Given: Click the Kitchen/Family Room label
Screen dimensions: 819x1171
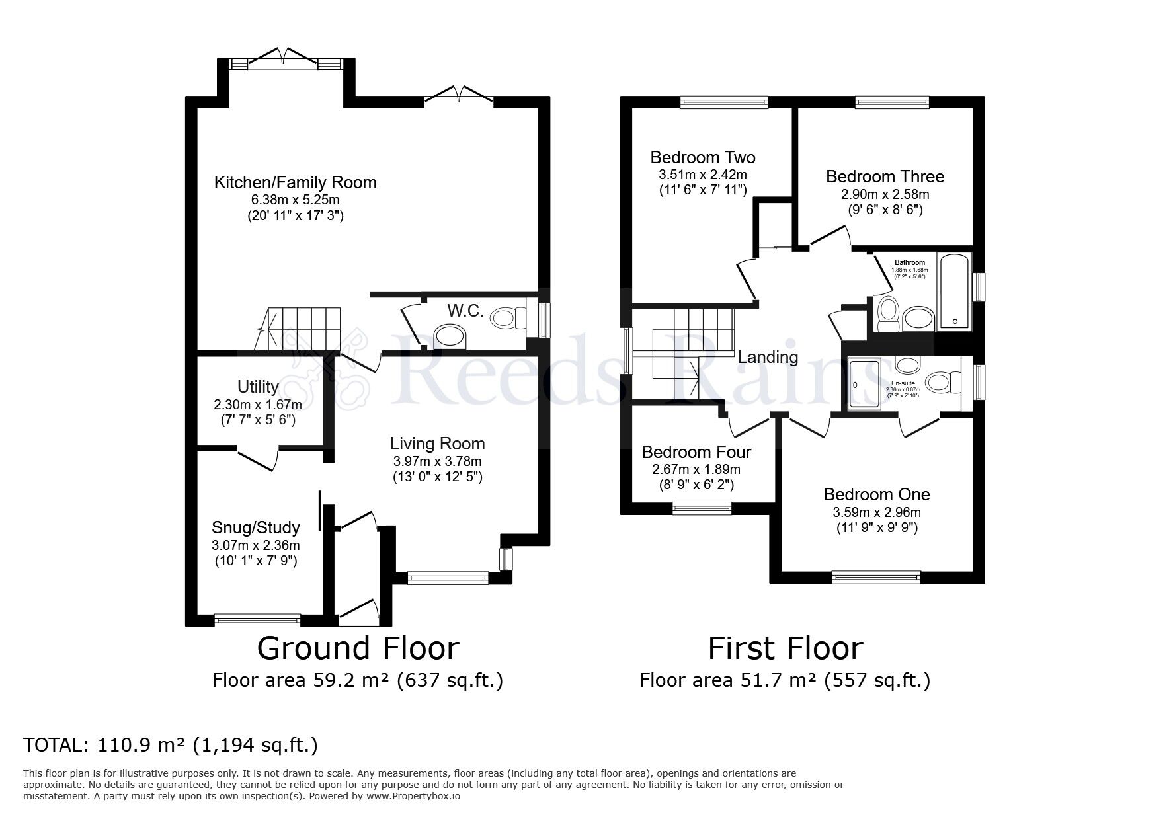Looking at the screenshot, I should (295, 182).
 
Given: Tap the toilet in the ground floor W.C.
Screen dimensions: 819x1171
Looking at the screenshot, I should (507, 319).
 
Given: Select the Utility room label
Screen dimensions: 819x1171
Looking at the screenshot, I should (258, 387).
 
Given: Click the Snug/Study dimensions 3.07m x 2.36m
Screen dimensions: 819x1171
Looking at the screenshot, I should (255, 545).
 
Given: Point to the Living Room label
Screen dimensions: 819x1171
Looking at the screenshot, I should (437, 444).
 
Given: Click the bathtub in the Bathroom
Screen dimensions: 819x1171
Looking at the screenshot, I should (954, 291).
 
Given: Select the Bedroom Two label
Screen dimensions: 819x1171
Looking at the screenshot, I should (702, 157).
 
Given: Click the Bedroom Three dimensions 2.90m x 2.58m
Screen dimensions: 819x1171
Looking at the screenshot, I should (885, 194).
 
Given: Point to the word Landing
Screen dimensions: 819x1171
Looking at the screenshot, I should (768, 357).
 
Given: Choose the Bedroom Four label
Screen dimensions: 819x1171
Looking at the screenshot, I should (696, 452).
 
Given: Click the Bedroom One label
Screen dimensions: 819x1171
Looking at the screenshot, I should (876, 494).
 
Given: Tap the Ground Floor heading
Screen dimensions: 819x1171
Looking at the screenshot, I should (358, 648).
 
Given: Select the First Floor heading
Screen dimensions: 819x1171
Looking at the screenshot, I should (785, 648).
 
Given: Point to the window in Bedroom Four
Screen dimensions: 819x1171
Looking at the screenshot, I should (702, 508).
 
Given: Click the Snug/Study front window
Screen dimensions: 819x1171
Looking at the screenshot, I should (257, 620).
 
